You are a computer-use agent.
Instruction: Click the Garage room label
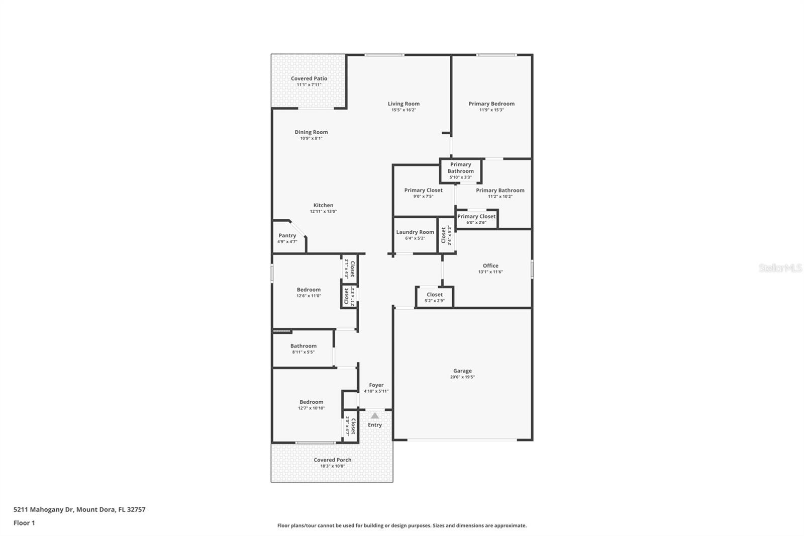click(x=462, y=371)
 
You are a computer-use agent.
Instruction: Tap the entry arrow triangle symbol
click(x=375, y=416)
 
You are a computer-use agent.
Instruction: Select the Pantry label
click(x=287, y=235)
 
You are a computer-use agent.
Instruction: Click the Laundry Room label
click(x=415, y=232)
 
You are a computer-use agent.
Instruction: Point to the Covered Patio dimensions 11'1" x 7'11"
click(x=309, y=85)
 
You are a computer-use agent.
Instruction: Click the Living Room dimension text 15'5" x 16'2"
click(x=404, y=110)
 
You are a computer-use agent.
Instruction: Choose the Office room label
click(x=490, y=265)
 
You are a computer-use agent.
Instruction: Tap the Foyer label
click(x=376, y=385)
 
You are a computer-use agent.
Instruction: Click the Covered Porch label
click(x=333, y=460)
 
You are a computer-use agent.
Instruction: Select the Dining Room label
click(x=311, y=132)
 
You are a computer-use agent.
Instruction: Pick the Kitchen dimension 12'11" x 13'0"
click(x=323, y=212)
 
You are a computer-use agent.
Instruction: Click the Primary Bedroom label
click(x=491, y=104)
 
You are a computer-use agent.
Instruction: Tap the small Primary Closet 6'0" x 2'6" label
click(x=476, y=217)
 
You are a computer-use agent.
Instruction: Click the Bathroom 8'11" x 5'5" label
click(x=304, y=346)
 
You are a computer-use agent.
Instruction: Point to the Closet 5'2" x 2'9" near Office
click(x=435, y=295)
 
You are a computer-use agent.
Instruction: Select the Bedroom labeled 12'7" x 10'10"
click(x=312, y=402)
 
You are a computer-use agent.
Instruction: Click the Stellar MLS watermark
click(x=780, y=268)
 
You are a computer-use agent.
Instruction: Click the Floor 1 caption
click(x=24, y=523)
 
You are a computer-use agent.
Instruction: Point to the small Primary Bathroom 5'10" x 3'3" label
click(x=461, y=168)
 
